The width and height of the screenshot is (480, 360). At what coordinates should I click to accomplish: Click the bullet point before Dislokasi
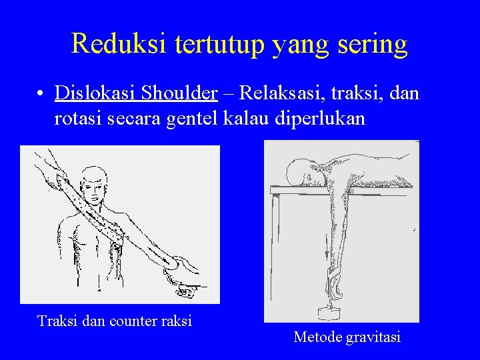coord(41,94)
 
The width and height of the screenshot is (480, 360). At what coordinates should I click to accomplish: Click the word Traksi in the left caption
coord(58,321)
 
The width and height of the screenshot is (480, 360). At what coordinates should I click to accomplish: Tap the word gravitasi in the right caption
coord(373,337)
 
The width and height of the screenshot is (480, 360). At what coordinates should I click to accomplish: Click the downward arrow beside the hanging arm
coord(325,250)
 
